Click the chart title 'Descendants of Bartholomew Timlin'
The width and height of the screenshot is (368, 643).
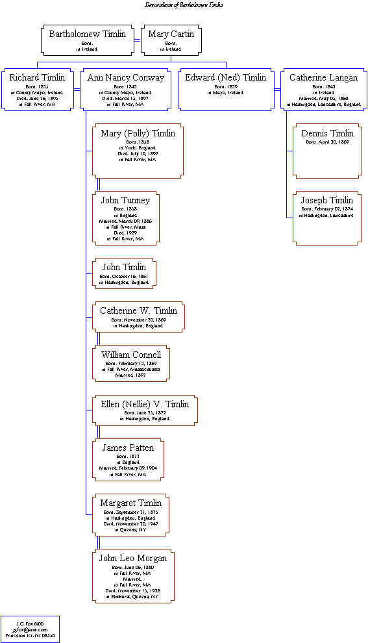(x=184, y=5)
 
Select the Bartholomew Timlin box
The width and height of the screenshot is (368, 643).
(x=88, y=40)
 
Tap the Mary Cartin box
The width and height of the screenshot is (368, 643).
(x=171, y=40)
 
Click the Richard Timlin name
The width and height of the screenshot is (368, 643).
(x=37, y=78)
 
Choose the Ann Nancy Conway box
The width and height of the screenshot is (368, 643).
(x=126, y=89)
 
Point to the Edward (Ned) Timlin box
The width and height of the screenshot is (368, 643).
(x=226, y=89)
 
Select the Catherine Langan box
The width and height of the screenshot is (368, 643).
(x=323, y=89)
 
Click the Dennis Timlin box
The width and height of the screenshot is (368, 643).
(x=327, y=151)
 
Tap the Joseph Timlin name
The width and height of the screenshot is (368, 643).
(x=327, y=200)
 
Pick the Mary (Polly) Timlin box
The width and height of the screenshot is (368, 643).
(x=138, y=151)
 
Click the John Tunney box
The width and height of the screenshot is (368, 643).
(x=125, y=218)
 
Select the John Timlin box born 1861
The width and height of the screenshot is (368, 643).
(x=124, y=273)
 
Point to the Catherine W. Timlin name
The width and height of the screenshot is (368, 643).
(x=138, y=310)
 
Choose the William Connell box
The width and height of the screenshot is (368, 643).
(x=130, y=363)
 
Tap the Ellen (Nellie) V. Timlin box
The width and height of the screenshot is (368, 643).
(x=145, y=410)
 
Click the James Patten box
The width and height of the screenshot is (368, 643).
(x=128, y=460)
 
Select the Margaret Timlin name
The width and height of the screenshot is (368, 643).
(x=130, y=503)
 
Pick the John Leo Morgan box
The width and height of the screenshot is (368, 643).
(x=132, y=576)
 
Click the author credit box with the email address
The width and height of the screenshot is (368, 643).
(x=30, y=629)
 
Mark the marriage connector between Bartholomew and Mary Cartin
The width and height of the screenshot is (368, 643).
(x=138, y=40)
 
